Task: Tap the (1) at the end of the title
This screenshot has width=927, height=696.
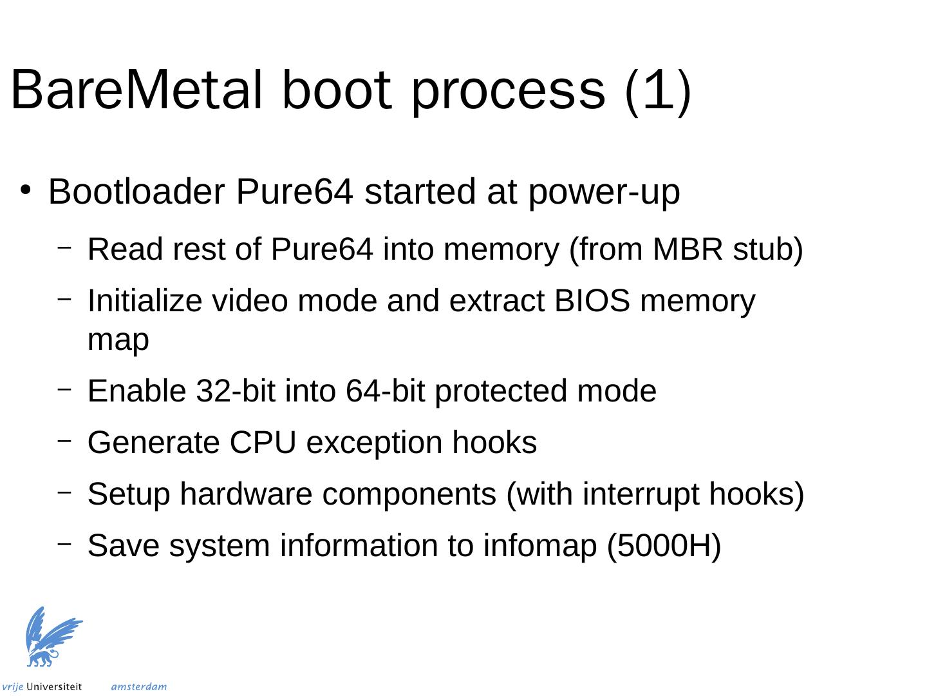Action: (x=657, y=92)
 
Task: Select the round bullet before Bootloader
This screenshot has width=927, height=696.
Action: (x=26, y=189)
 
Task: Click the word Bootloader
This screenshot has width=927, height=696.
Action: (x=136, y=191)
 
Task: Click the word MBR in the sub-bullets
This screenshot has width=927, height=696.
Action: (x=688, y=249)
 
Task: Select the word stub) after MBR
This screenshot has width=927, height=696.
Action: (x=768, y=251)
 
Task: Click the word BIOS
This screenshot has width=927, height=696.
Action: (x=592, y=300)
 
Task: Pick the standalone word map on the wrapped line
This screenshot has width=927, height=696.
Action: (x=118, y=341)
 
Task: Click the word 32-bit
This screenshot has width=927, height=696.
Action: (x=236, y=391)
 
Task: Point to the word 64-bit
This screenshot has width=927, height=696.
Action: (x=385, y=391)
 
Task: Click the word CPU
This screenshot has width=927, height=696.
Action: (x=262, y=443)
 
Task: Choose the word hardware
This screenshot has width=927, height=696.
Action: (x=246, y=494)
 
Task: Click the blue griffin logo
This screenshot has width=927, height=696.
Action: (x=54, y=637)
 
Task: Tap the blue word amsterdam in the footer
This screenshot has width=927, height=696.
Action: (x=139, y=687)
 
